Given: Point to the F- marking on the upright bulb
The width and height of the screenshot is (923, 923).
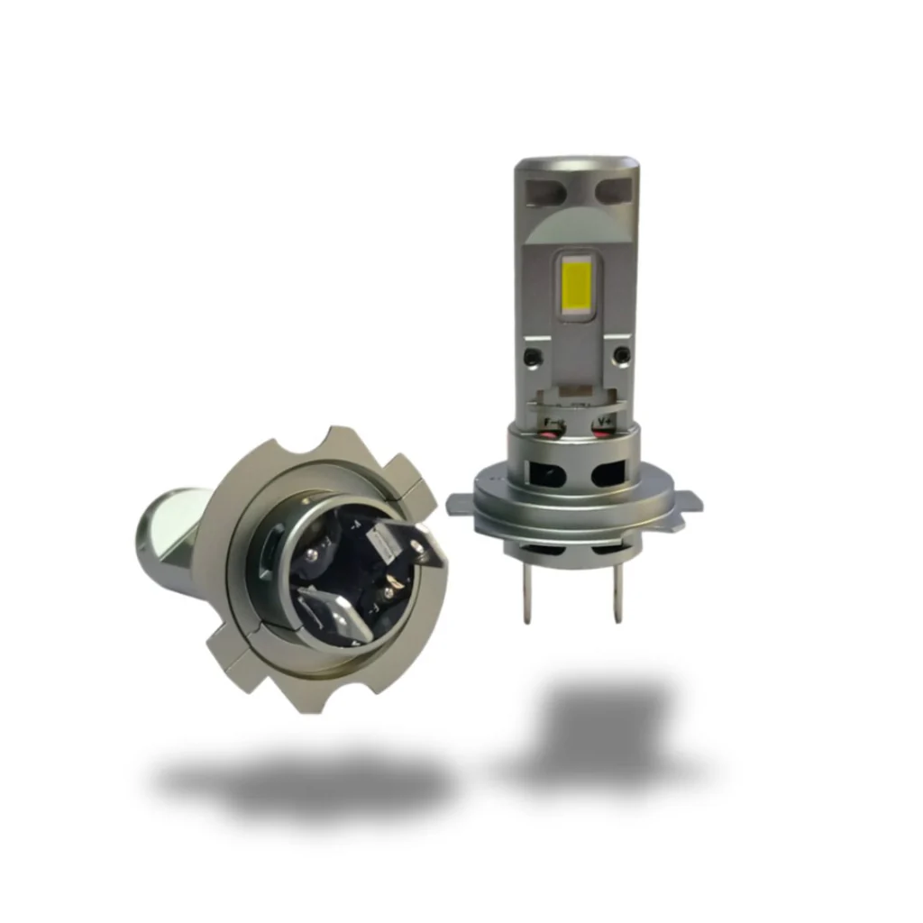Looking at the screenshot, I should click(551, 420).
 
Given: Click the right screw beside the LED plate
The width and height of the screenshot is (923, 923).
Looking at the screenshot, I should click(619, 354).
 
